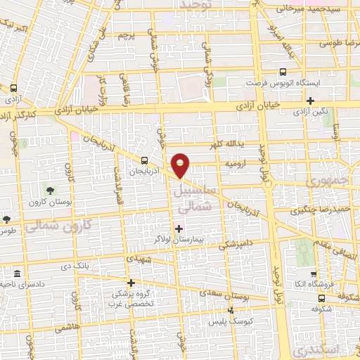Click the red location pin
tap(181, 165)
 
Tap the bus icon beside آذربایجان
tap(143, 160)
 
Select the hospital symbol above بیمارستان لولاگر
tap(179, 229)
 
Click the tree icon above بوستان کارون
tap(50, 190)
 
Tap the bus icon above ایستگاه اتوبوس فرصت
tap(283, 72)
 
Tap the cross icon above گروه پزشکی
tap(130, 282)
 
